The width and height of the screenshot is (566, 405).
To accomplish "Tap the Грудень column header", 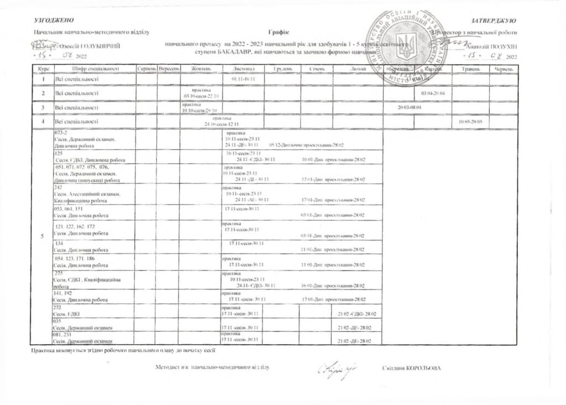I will tap(282, 68).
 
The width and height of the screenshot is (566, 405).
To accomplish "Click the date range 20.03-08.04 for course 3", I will tap(410, 107).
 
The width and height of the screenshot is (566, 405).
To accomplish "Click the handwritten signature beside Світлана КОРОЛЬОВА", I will tap(335, 367).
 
